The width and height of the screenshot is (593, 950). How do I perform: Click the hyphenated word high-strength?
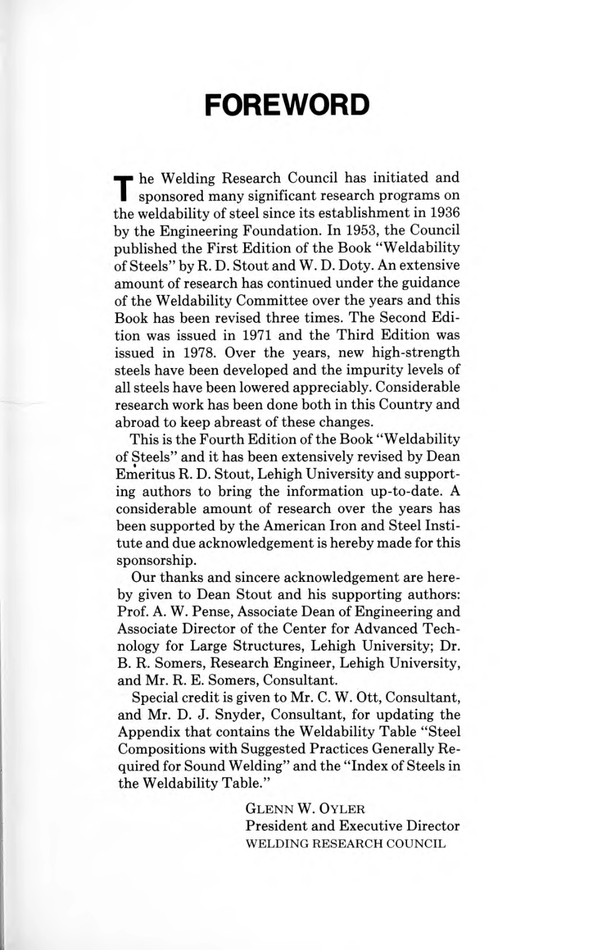click(x=416, y=352)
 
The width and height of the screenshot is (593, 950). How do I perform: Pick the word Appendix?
click(x=148, y=732)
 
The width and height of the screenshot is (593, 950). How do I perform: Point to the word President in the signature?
click(x=276, y=826)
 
